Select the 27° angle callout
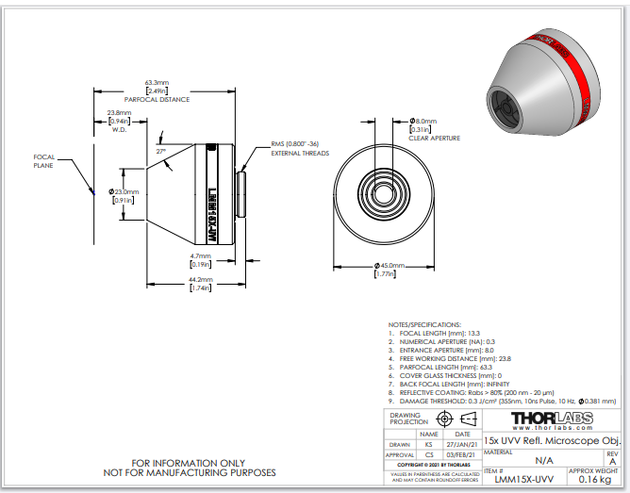coord(161,151)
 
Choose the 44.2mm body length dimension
coord(199,284)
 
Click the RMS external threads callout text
coord(300,148)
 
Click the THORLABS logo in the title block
coord(551,419)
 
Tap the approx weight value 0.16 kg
coord(594,479)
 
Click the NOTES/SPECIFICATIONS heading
coord(424,324)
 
